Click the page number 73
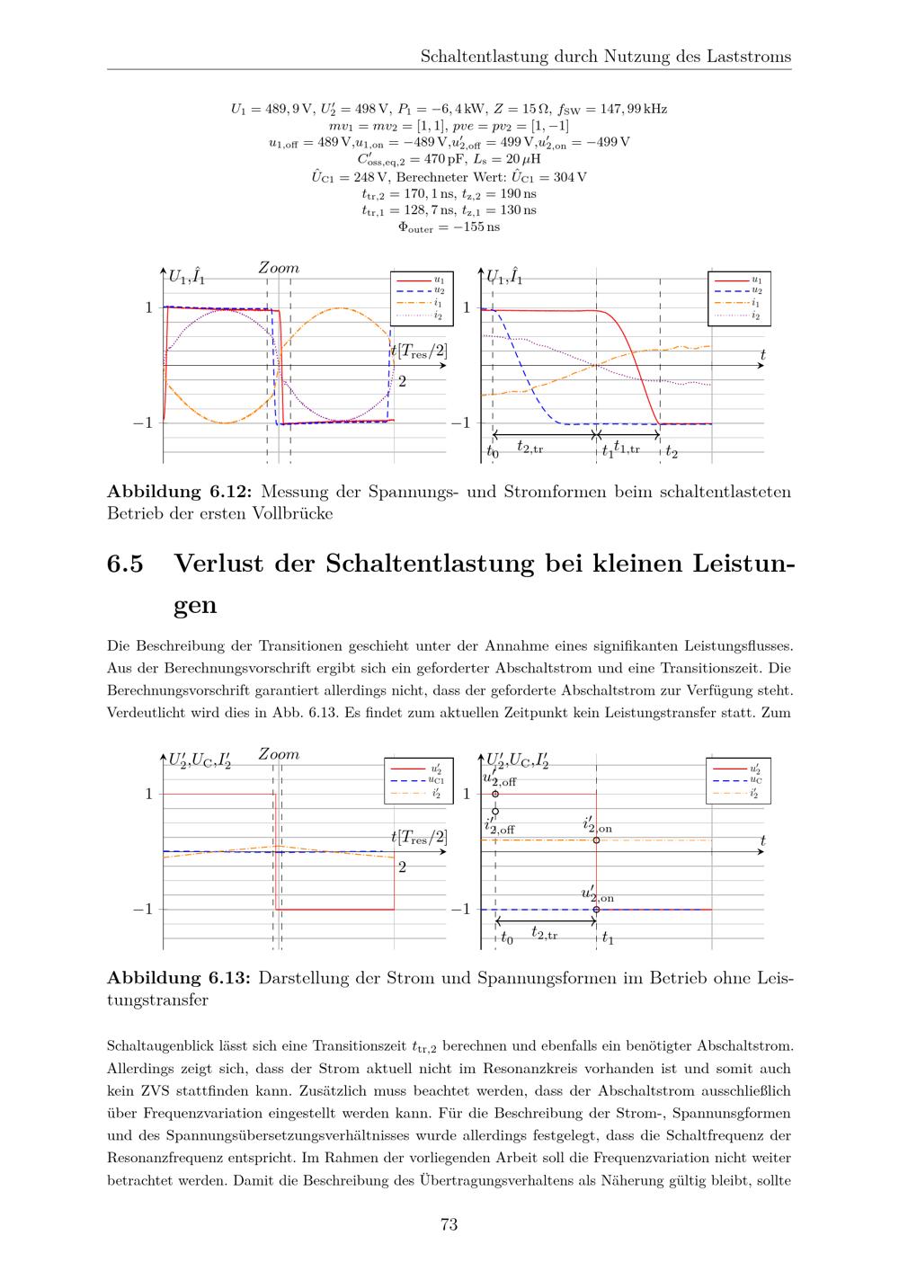coord(449,1224)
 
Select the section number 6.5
coord(125,564)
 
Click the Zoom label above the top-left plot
coord(279,268)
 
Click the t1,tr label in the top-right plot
coord(627,447)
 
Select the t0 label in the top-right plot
coord(492,452)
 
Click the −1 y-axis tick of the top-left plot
coord(144,423)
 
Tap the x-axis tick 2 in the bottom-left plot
coord(402,867)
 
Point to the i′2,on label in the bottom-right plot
coord(598,825)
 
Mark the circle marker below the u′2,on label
coord(596,910)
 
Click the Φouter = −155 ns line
coord(449,227)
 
